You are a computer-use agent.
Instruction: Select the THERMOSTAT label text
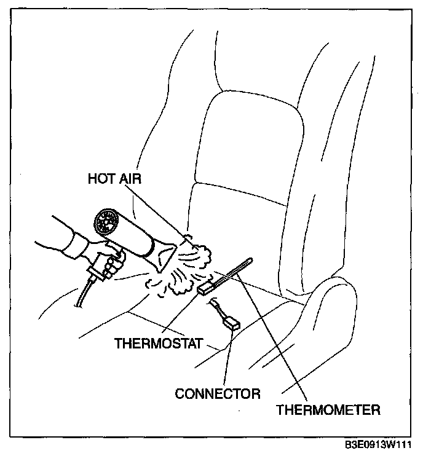tap(158, 343)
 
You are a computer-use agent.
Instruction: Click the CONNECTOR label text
tap(218, 393)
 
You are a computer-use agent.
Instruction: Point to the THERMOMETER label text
tap(328, 409)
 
